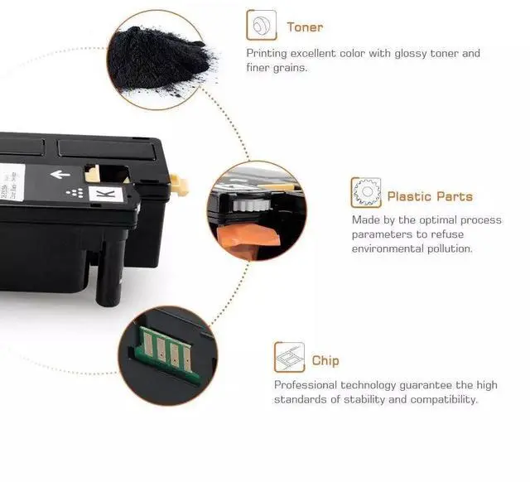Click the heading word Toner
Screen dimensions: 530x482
tap(305, 27)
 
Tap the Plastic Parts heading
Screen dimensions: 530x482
tap(430, 196)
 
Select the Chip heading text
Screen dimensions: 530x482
tap(325, 360)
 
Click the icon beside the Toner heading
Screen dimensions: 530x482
tap(262, 26)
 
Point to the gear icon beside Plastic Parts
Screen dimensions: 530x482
tap(366, 192)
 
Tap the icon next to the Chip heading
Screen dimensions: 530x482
tap(289, 357)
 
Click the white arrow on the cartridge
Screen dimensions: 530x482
tap(60, 175)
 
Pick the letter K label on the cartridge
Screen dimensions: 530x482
tap(106, 195)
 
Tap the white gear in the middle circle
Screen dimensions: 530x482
tap(251, 205)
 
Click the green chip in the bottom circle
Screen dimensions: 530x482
tap(166, 354)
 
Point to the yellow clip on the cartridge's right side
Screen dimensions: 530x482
tap(179, 185)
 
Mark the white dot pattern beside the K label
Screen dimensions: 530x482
tap(75, 193)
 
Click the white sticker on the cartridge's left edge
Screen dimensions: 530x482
tap(12, 182)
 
